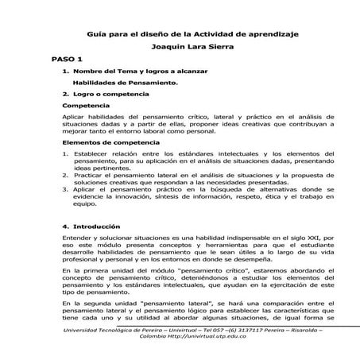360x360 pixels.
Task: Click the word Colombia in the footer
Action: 155,337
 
